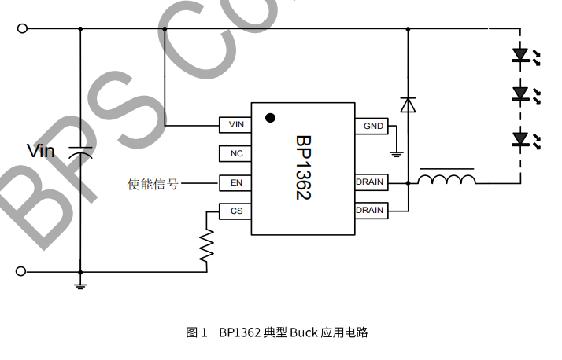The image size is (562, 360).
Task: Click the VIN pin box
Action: click(235, 125)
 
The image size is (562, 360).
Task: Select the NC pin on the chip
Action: click(235, 154)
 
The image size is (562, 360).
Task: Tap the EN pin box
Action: click(235, 182)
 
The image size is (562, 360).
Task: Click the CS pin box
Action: click(235, 211)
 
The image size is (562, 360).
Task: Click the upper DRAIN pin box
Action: click(370, 182)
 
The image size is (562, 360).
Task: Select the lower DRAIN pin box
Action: click(370, 211)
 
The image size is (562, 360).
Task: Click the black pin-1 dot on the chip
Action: click(270, 118)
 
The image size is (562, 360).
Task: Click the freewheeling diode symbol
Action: click(408, 105)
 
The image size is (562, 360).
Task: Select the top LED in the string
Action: click(520, 55)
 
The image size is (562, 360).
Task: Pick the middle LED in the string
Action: click(520, 94)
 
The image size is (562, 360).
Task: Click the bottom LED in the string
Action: click(520, 139)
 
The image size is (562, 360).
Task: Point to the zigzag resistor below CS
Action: click(207, 245)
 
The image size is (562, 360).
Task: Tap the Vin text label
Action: click(41, 150)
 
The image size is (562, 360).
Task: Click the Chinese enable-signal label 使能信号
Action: click(153, 184)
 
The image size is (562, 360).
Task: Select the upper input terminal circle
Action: click(22, 28)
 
